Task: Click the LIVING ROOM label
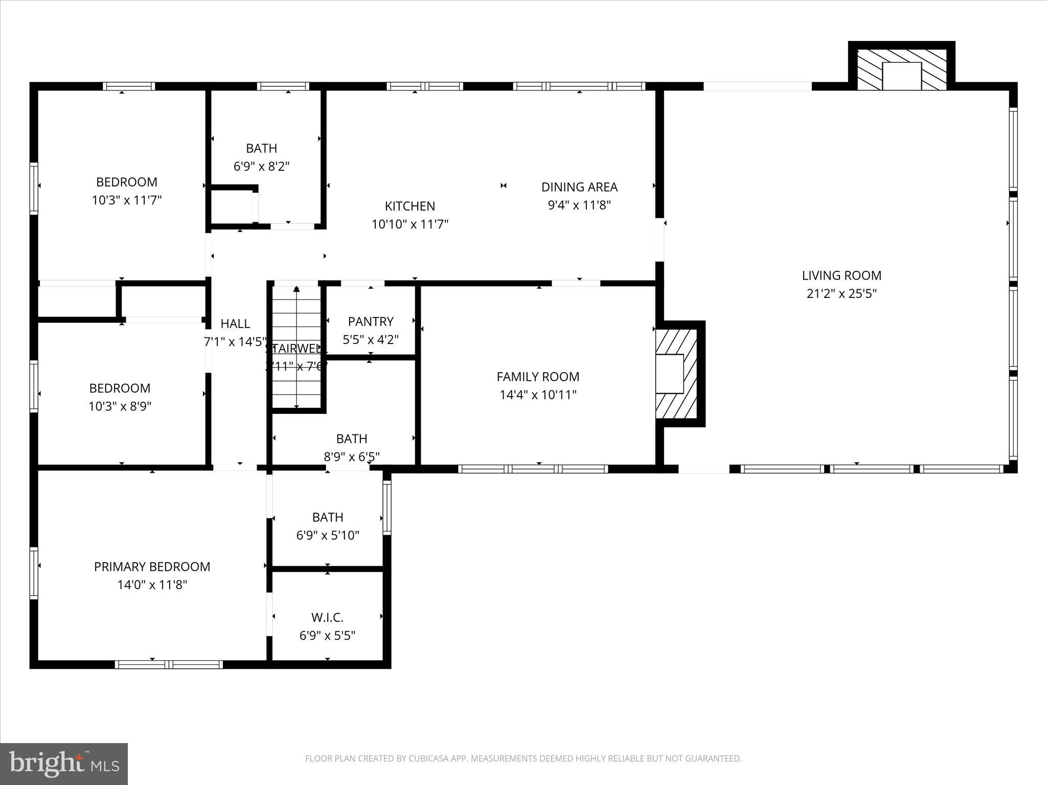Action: pos(841,275)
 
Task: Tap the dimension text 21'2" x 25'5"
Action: pos(841,294)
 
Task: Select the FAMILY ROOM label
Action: pos(538,377)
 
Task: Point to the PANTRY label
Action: pos(371,321)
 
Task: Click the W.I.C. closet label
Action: pos(327,617)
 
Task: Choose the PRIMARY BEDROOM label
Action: pos(152,566)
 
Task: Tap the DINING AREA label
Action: pos(579,187)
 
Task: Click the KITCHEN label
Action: pos(409,206)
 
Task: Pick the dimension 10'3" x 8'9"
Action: pos(120,406)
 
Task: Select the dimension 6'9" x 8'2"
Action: pos(261,167)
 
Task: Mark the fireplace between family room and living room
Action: pos(676,374)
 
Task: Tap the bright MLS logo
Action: pos(64,764)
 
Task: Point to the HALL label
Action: pos(235,324)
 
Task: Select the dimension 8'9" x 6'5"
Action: pos(351,456)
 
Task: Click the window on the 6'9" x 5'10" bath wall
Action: pos(387,508)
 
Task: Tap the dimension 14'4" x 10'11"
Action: pos(538,395)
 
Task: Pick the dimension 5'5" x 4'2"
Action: pos(371,340)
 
